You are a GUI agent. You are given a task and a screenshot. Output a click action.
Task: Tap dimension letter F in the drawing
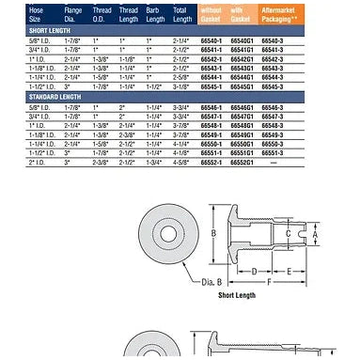tap(271, 282)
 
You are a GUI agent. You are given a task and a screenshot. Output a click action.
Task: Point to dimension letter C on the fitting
tap(287, 234)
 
